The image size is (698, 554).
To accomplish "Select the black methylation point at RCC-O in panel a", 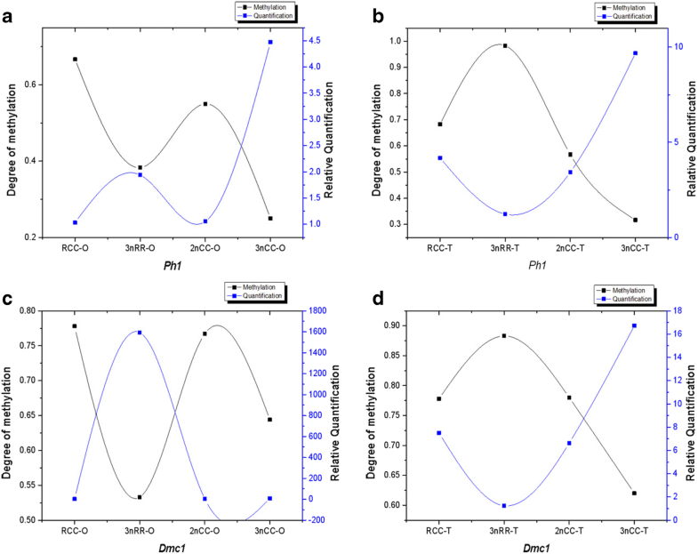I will coord(75,60).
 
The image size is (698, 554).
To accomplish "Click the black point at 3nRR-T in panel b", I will coord(504,45).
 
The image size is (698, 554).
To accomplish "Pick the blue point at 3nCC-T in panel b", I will coord(635,53).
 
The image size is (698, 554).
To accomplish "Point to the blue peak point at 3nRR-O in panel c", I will coord(140,333).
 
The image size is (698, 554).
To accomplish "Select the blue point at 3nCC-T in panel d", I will coord(635,325).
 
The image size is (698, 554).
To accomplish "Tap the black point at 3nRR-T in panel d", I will coord(504,336).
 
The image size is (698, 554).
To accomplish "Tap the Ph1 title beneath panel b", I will coord(536,265).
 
